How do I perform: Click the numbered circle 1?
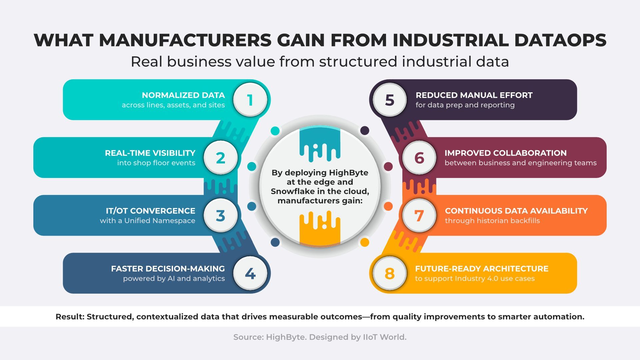250,100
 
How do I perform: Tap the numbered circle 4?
250,273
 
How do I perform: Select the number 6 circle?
419,158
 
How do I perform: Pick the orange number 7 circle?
419,215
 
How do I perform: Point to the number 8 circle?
390,273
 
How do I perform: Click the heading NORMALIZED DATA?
183,95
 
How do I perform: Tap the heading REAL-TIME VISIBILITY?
150,153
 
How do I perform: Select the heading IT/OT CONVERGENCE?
151,211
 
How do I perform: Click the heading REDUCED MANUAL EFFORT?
474,95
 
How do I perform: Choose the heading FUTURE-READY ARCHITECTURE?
482,269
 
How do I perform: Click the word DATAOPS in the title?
560,40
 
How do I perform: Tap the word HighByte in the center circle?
349,173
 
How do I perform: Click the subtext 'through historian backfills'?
492,221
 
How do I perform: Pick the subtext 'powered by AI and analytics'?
174,279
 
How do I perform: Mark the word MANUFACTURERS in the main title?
186,40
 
